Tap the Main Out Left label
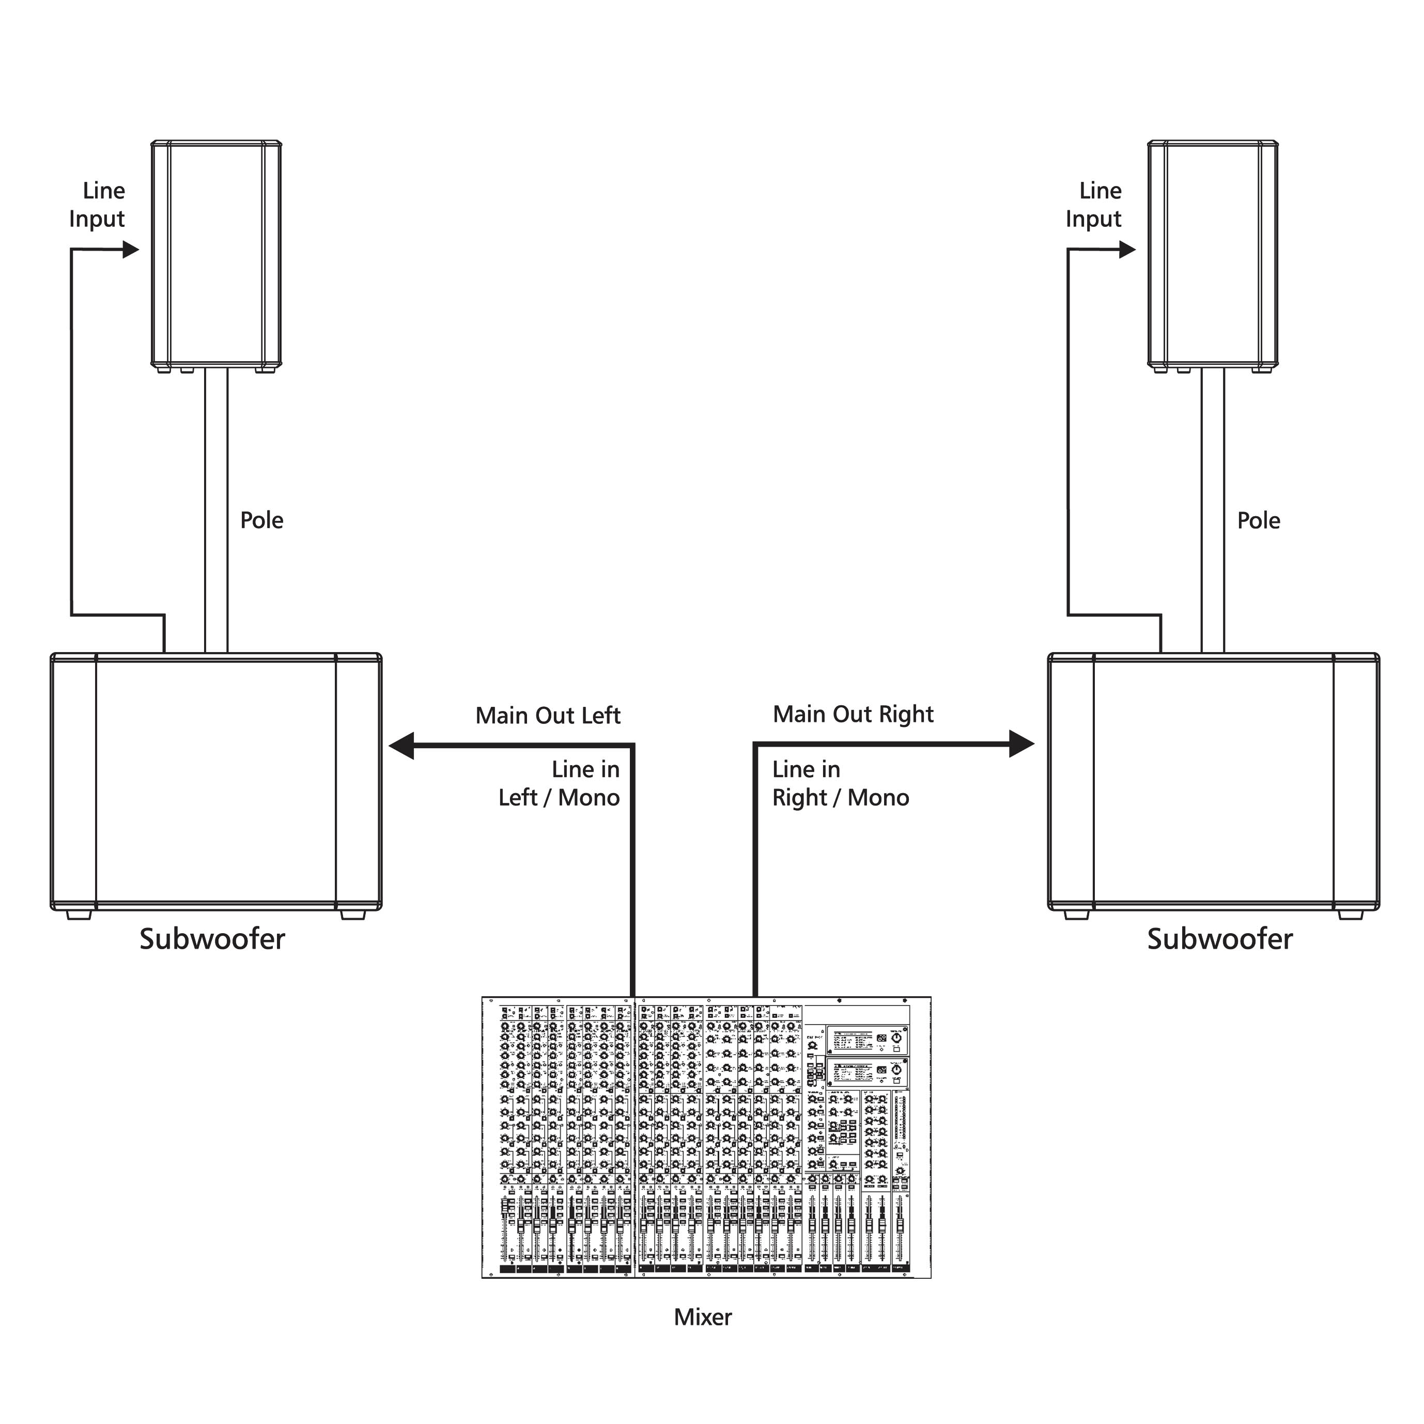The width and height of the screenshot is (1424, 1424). [548, 716]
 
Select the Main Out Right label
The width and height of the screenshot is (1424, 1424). [853, 714]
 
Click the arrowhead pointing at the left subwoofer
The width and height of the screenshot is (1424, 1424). [401, 745]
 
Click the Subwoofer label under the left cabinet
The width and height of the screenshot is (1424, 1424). [212, 939]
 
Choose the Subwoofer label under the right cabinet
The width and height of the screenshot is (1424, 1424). [1220, 939]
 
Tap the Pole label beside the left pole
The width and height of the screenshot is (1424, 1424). [261, 520]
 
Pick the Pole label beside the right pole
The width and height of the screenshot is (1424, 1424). [1259, 520]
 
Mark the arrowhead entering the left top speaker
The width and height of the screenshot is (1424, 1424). [130, 250]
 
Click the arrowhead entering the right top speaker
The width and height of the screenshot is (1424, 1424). [1127, 250]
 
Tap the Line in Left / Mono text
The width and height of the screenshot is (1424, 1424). [560, 783]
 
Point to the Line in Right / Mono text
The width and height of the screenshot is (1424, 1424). [840, 783]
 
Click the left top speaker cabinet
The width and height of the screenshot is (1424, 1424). [216, 254]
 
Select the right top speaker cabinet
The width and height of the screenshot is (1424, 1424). [1213, 254]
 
